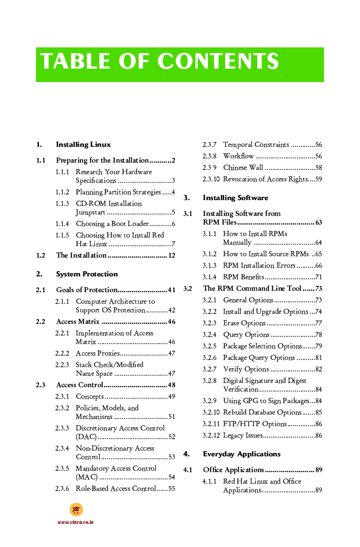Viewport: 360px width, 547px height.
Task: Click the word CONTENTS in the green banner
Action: pyautogui.click(x=218, y=62)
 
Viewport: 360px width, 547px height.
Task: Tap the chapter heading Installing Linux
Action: pyautogui.click(x=83, y=144)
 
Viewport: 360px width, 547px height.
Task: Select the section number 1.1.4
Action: pyautogui.click(x=62, y=224)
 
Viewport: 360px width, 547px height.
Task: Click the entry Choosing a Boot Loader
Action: pyautogui.click(x=112, y=224)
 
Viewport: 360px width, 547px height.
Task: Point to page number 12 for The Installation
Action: pyautogui.click(x=171, y=255)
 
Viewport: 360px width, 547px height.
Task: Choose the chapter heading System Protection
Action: pyautogui.click(x=86, y=274)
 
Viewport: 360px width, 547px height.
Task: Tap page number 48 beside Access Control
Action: pyautogui.click(x=171, y=385)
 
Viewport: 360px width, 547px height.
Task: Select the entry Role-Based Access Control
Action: pyautogui.click(x=116, y=488)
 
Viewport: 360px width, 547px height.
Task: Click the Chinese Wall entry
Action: pyautogui.click(x=243, y=167)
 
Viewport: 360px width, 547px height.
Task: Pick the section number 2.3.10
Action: pyautogui.click(x=211, y=179)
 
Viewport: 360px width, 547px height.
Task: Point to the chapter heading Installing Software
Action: pyautogui.click(x=235, y=198)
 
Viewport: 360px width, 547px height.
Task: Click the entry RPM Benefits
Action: pyautogui.click(x=243, y=277)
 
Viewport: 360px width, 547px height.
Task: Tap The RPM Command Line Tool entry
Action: pyautogui.click(x=252, y=288)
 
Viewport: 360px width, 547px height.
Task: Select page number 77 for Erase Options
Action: pyautogui.click(x=318, y=323)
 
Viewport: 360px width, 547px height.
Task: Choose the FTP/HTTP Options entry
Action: pyautogui.click(x=254, y=424)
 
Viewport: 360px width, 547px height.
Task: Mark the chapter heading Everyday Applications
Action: pyautogui.click(x=241, y=454)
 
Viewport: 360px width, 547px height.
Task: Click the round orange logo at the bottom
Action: pyautogui.click(x=76, y=510)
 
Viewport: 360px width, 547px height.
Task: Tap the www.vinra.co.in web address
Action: pyautogui.click(x=75, y=522)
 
